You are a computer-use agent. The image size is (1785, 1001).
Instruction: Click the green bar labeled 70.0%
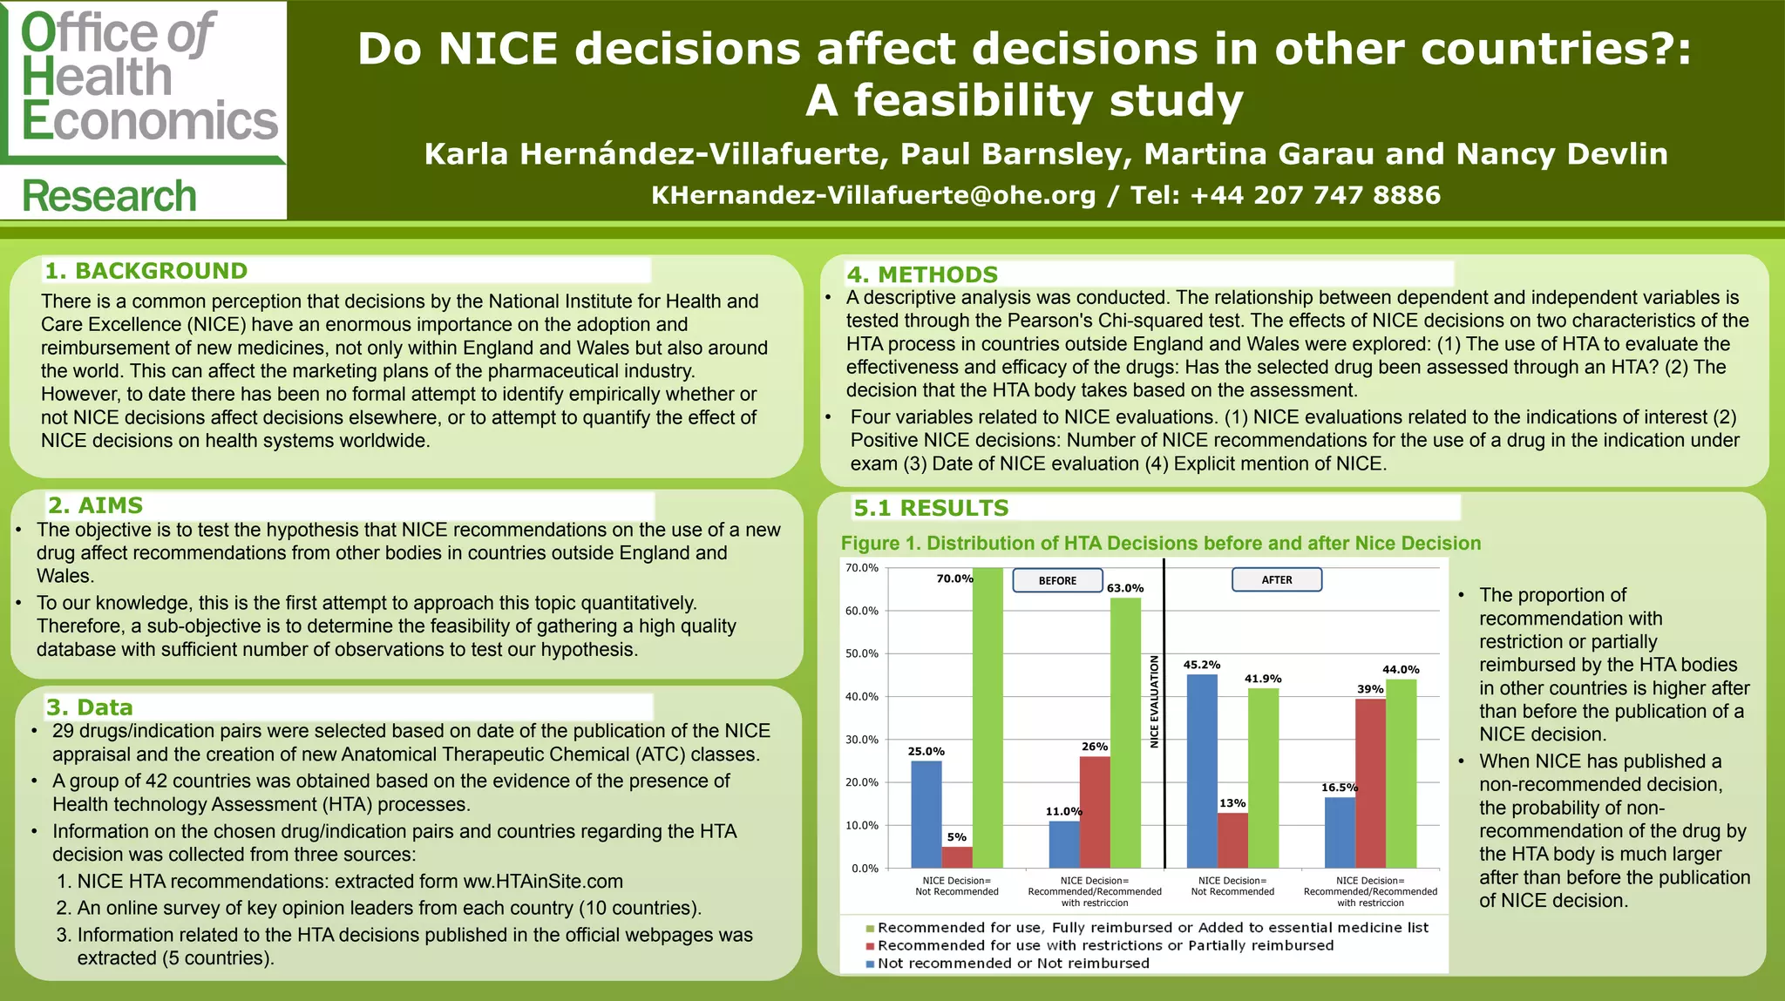point(988,718)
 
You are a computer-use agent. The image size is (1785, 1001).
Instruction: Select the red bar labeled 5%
point(957,857)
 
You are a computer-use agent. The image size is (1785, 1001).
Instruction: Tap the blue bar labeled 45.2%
point(1202,771)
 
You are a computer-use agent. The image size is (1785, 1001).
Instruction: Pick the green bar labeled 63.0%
point(1125,733)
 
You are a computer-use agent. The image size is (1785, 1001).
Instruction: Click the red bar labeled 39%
point(1370,783)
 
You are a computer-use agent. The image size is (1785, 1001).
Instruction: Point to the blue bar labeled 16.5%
point(1340,833)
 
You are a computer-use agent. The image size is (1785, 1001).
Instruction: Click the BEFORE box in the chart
point(1057,580)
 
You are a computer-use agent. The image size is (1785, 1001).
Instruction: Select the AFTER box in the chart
point(1277,579)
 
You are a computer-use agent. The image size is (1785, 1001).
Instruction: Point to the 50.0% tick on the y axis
point(862,653)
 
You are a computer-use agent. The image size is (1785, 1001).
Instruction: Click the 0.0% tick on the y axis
point(865,869)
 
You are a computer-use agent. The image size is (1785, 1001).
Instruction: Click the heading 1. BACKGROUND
point(146,271)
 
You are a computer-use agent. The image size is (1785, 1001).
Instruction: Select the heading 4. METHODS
point(922,274)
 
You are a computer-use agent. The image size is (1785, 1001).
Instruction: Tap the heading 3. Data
point(90,707)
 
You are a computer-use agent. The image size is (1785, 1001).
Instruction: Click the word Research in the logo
point(110,196)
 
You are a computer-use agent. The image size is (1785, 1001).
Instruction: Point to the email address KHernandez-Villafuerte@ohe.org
point(873,195)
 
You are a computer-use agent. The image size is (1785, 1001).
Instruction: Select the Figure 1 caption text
point(1160,544)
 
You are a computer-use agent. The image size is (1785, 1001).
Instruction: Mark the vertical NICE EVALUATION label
point(1154,701)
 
